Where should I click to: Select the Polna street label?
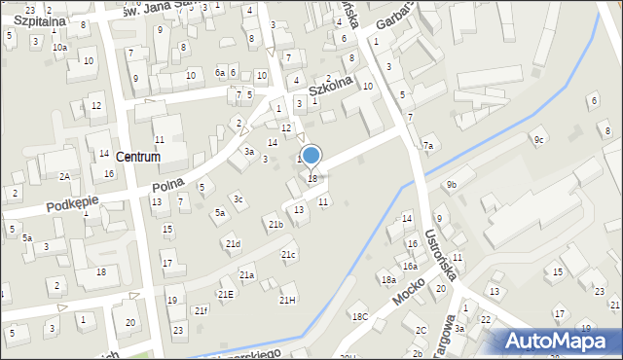pyautogui.click(x=167, y=184)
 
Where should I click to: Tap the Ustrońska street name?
pyautogui.click(x=441, y=255)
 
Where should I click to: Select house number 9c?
pyautogui.click(x=537, y=139)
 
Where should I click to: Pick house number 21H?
pyautogui.click(x=287, y=300)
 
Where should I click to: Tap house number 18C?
pyautogui.click(x=360, y=316)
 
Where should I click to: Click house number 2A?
pyautogui.click(x=64, y=176)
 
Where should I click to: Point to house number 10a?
pyautogui.click(x=60, y=47)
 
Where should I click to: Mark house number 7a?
pyautogui.click(x=427, y=146)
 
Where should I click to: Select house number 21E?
pyautogui.click(x=226, y=294)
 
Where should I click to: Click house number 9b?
pyautogui.click(x=451, y=184)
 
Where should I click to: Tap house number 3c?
pyautogui.click(x=238, y=199)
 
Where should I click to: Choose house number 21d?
pyautogui.click(x=233, y=243)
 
